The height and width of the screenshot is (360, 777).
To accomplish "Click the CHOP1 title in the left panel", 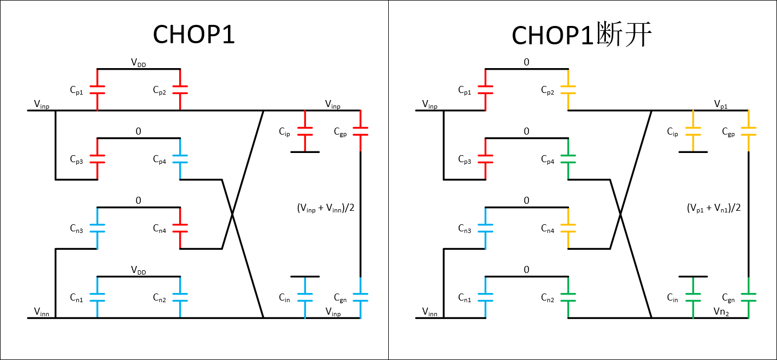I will (193, 35).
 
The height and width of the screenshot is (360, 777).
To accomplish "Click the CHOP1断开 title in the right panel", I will (582, 35).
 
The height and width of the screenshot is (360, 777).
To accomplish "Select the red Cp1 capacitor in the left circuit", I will (97, 90).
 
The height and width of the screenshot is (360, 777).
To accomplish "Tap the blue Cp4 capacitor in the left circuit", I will (180, 159).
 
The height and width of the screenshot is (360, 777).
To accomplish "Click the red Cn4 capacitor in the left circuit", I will (180, 228).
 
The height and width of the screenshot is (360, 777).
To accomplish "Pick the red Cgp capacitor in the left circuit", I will (360, 131).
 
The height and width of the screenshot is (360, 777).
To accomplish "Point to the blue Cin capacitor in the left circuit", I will (305, 297).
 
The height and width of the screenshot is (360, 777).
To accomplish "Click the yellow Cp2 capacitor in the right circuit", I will (568, 90).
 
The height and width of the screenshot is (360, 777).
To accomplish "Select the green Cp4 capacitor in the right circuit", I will (568, 159).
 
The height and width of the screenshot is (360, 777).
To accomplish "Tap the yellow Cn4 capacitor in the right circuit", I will (568, 228).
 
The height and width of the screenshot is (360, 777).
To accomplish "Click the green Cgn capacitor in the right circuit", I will (748, 297).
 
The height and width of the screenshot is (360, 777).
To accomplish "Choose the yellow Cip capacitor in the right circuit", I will (693, 131).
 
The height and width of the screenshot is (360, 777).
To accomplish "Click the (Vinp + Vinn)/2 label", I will (325, 208).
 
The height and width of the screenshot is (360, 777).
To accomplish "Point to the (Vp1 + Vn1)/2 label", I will (713, 208).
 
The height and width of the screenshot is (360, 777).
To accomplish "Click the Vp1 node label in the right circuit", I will (720, 104).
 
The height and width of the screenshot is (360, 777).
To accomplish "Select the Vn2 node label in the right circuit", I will (721, 312).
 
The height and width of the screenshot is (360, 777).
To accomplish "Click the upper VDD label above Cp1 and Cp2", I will (138, 63).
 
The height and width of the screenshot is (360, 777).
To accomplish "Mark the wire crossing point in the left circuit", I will (232, 215).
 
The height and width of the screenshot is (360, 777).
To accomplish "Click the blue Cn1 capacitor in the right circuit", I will (485, 297).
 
